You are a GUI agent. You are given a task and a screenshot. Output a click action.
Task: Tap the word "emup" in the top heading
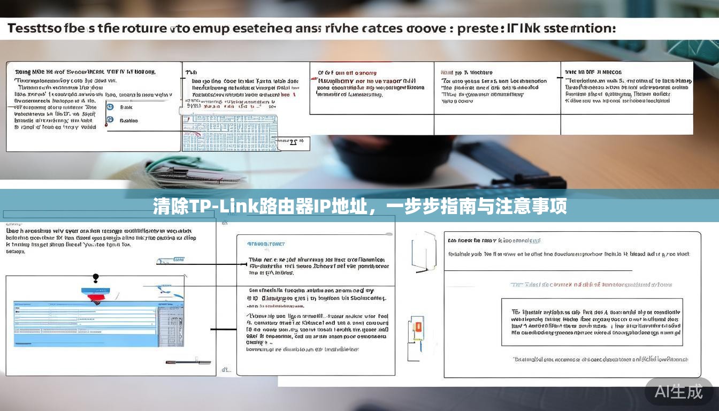pos(209,28)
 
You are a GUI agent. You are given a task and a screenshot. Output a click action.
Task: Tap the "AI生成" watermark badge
pos(679,391)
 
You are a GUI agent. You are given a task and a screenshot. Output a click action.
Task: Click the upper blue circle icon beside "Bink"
pos(110,107)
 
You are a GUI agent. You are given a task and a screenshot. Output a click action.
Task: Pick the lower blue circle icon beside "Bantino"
pos(110,120)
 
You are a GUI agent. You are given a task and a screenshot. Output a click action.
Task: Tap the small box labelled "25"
pos(293,142)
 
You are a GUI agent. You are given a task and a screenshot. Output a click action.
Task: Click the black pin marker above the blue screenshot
pos(96,278)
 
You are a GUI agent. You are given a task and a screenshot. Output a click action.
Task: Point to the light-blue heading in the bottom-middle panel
pos(266,244)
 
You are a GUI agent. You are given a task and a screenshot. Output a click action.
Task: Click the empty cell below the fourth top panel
pos(497,125)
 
